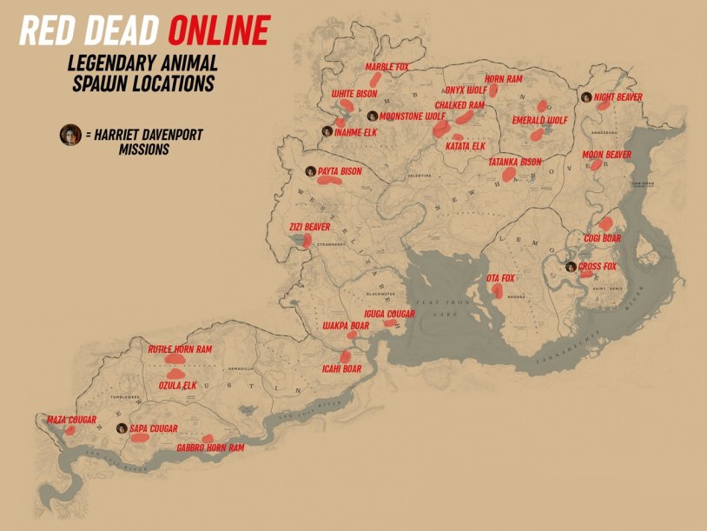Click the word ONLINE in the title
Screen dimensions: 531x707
tap(218, 32)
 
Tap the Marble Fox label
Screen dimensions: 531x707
tap(387, 67)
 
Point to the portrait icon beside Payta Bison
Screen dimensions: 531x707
tap(310, 171)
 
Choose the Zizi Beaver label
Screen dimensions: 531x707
tap(309, 227)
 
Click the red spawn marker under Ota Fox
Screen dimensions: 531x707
tap(497, 291)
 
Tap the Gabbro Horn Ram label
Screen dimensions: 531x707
tap(210, 448)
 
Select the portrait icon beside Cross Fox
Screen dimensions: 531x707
tap(570, 267)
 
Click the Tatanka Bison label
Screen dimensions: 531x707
tap(515, 162)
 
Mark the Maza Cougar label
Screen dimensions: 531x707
tap(71, 420)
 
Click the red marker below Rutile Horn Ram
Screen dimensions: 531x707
tap(175, 357)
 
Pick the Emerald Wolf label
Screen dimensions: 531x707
tap(539, 120)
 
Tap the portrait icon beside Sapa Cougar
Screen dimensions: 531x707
tap(121, 428)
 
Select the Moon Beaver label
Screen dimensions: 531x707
tap(606, 155)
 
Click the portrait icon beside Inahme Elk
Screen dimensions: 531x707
tap(327, 132)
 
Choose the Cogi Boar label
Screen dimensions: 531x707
tap(603, 237)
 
